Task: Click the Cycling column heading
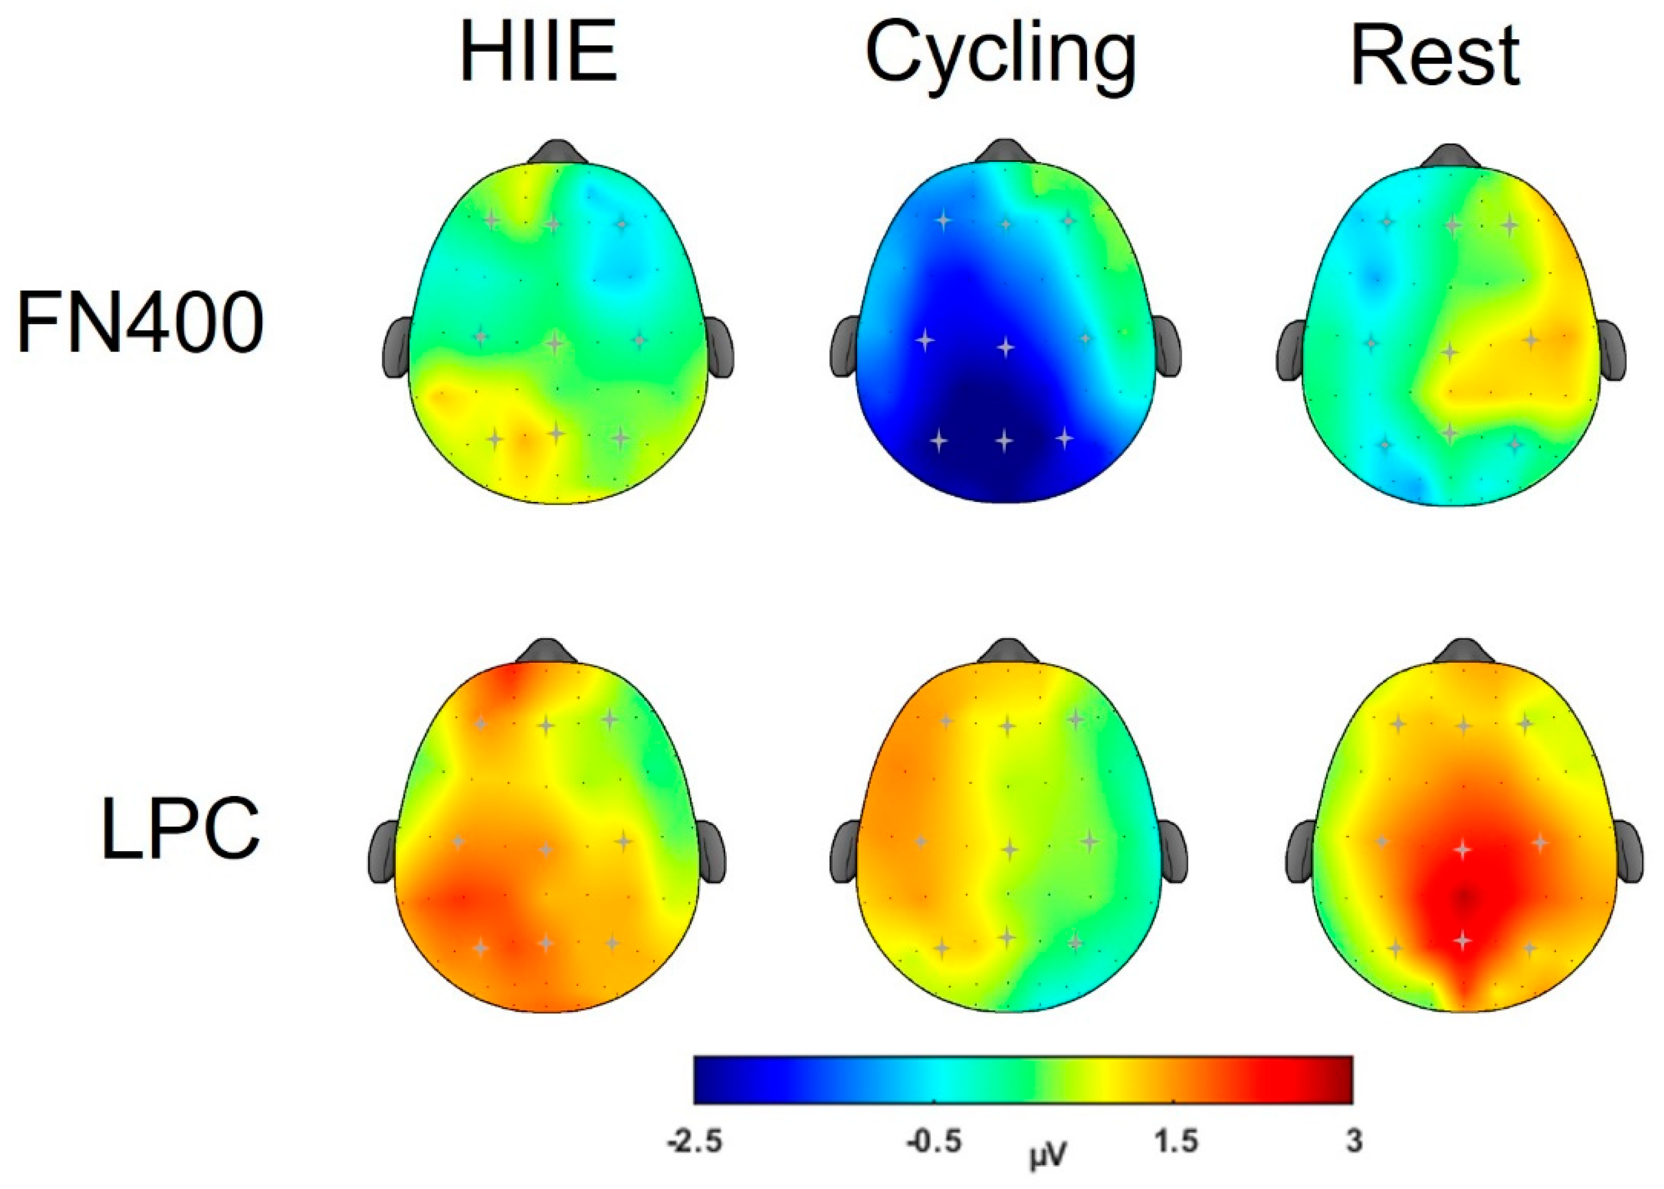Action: pos(1000,58)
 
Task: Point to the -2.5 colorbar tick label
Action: pos(694,1141)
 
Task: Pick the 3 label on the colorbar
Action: pos(1353,1141)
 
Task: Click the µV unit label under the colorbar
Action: pos(1048,1157)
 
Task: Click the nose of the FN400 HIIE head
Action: pos(558,152)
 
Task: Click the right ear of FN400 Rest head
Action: pos(1611,350)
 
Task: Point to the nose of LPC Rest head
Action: pos(1464,650)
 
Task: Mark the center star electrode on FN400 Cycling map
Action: pos(1006,346)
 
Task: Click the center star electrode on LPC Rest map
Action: pos(1462,849)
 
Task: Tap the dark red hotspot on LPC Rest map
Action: pos(1464,899)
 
